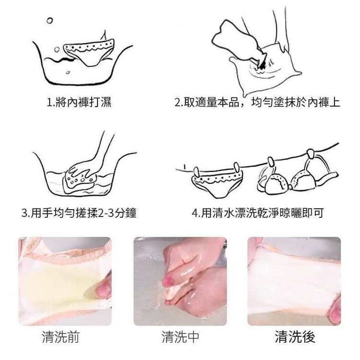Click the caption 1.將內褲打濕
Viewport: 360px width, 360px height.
79,102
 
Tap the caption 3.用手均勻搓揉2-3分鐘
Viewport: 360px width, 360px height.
79,213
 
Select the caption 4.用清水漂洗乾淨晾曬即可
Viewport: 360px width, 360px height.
258,213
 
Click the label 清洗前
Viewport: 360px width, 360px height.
60,337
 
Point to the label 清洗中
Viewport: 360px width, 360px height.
180,337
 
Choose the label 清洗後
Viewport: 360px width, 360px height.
295,337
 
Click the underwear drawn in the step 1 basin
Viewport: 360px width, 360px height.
89,52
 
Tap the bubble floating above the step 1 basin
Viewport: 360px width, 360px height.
49,21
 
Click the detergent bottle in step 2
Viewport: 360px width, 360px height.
239,41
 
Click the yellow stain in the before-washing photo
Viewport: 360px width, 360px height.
60,284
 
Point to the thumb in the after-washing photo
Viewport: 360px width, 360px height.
335,310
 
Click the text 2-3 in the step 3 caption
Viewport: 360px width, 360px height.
106,213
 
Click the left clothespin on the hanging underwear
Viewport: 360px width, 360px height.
196,172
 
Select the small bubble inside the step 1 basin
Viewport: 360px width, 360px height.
68,72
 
